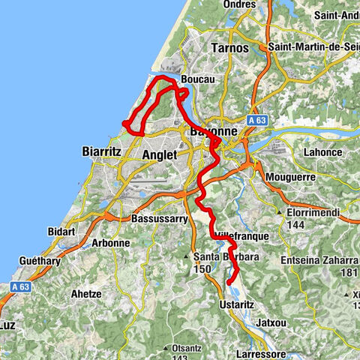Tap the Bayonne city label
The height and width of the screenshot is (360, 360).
pyautogui.click(x=214, y=130)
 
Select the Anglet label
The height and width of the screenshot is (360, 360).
pyautogui.click(x=159, y=154)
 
